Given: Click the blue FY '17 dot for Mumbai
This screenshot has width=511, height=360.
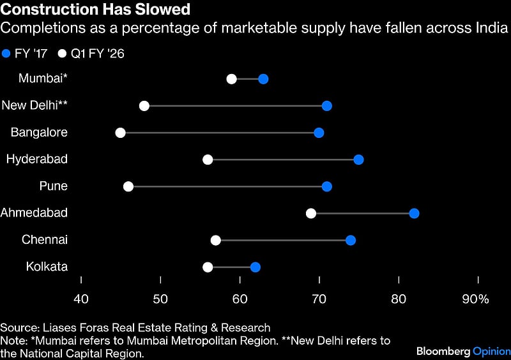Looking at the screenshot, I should (263, 79).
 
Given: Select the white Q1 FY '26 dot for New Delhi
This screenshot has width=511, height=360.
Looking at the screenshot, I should (144, 106).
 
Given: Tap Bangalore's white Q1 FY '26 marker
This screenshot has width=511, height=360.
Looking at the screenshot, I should (120, 133).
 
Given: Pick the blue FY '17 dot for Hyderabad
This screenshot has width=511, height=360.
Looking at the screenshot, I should (358, 160).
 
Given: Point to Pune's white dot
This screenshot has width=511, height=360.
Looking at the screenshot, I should (128, 186).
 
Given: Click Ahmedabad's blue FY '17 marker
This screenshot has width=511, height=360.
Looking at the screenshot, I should (414, 213).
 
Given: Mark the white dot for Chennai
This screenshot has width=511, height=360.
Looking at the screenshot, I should (216, 240).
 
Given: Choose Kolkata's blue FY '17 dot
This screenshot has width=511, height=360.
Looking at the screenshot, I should (256, 267).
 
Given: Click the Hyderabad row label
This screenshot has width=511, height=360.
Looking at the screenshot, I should (37, 159).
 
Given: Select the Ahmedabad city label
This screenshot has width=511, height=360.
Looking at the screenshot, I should (34, 213).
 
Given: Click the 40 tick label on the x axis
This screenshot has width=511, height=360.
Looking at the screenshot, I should (81, 299).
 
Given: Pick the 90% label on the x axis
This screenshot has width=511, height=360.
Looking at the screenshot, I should (475, 299).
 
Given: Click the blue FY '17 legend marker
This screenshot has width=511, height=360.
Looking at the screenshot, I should (7, 54).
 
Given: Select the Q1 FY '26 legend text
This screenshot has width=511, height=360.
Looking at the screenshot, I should (98, 54).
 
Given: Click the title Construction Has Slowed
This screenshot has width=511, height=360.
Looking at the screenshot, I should (95, 10).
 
